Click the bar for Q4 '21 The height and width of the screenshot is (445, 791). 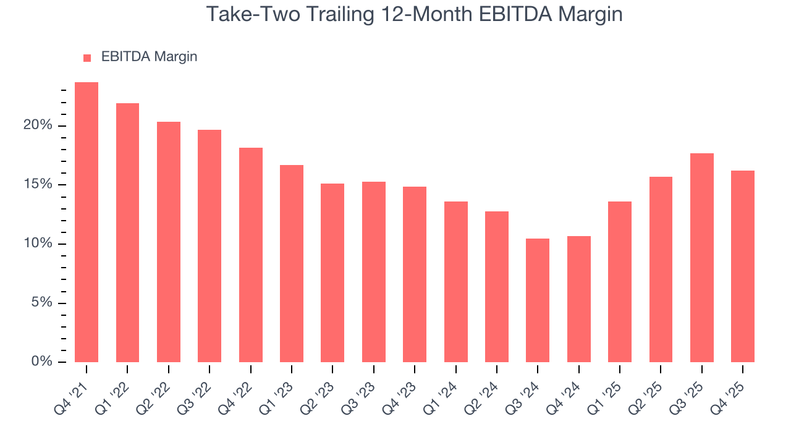(87, 222)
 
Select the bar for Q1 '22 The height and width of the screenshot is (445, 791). (127, 232)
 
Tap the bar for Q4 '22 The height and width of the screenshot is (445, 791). (251, 255)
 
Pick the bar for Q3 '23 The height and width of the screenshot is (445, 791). (374, 272)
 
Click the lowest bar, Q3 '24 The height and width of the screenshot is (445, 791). (538, 300)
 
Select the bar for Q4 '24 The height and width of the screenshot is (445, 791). (578, 299)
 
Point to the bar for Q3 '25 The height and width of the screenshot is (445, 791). (701, 258)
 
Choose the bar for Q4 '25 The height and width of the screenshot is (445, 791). (742, 266)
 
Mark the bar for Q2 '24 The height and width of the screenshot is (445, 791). (497, 287)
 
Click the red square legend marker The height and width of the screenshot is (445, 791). (87, 57)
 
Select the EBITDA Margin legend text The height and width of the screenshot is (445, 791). (149, 57)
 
